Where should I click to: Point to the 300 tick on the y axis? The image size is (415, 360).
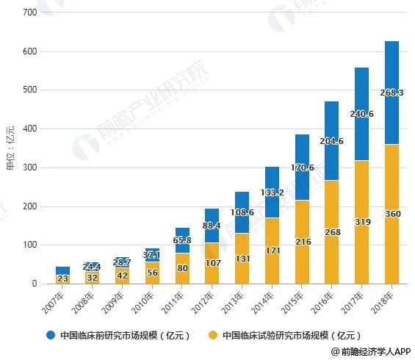pos(29,168)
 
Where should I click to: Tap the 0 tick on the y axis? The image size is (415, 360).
pos(33,284)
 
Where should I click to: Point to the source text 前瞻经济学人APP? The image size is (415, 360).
pos(370,352)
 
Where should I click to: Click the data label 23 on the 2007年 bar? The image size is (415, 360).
pos(62,278)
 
